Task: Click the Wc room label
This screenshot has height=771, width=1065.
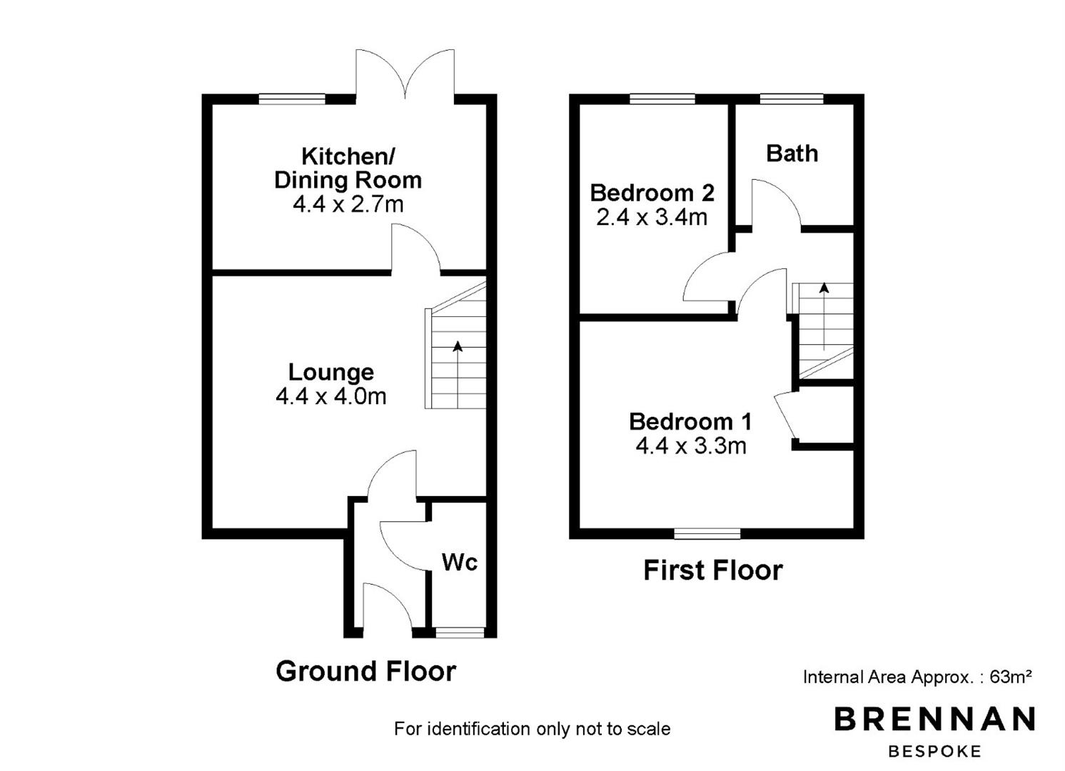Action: click(x=459, y=563)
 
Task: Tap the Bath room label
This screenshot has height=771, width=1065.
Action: click(x=792, y=153)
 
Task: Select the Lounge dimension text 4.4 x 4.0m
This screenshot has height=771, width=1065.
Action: click(x=331, y=396)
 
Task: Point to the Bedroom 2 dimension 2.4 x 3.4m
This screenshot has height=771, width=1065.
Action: click(x=652, y=217)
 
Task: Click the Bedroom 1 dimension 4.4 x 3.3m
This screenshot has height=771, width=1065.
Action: click(x=691, y=446)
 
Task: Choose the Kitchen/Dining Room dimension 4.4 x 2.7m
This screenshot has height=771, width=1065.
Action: click(x=348, y=204)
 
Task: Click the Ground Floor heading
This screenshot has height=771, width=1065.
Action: click(x=366, y=671)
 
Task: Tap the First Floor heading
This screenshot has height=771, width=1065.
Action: click(x=712, y=570)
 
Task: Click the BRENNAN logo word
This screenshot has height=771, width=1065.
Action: click(x=934, y=719)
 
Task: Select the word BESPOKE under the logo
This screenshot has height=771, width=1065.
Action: click(x=934, y=751)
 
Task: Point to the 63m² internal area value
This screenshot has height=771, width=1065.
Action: click(x=1011, y=676)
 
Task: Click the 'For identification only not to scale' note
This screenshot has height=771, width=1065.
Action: click(x=532, y=729)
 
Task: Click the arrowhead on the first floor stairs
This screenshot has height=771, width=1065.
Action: click(x=824, y=288)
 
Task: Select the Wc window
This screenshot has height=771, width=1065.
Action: click(x=460, y=632)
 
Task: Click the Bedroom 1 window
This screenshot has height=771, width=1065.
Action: click(x=707, y=534)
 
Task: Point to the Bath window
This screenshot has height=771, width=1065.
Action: click(x=792, y=99)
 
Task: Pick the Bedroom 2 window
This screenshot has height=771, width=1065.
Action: click(x=662, y=99)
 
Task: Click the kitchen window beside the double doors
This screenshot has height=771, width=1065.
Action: click(x=292, y=99)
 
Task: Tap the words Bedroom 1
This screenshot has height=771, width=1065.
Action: click(x=690, y=422)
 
